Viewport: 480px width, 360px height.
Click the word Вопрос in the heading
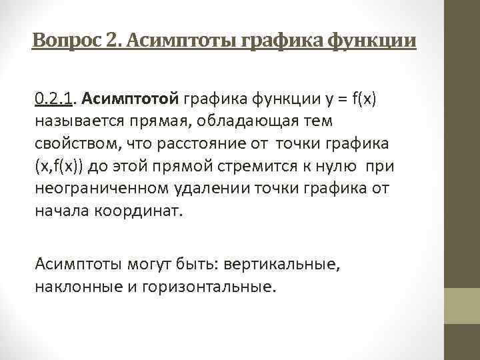click(x=65, y=41)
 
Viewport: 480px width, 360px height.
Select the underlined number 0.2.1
click(x=54, y=100)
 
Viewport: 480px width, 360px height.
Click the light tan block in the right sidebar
click(x=462, y=306)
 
